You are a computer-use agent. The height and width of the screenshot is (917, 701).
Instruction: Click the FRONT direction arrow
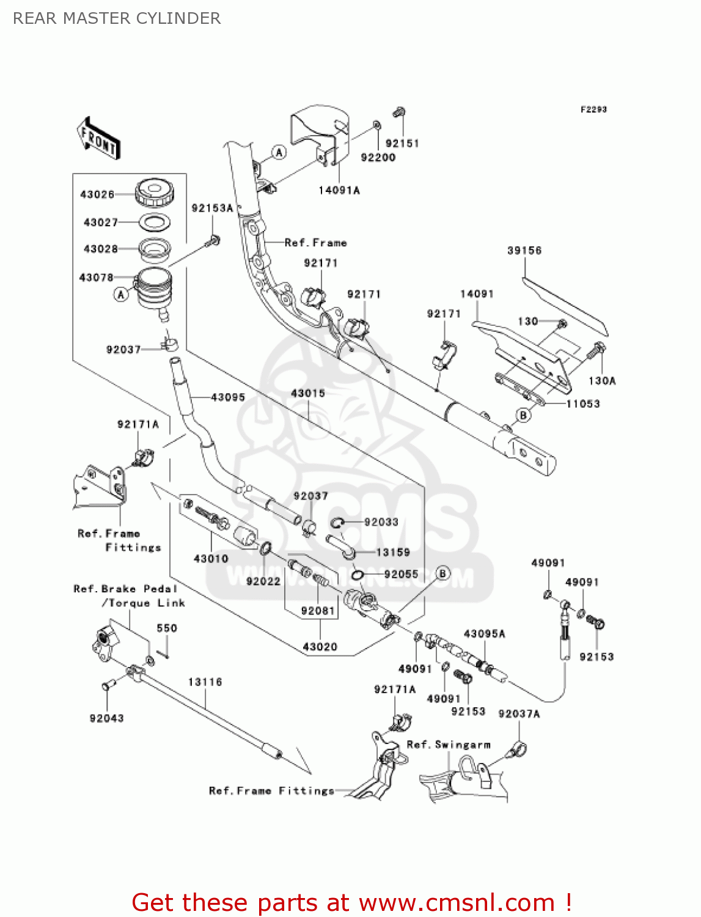(98, 139)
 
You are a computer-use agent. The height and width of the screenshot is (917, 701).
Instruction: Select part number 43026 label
(97, 194)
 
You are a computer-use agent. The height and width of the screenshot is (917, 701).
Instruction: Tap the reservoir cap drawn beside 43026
(154, 193)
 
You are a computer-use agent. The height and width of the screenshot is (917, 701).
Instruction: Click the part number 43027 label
(101, 223)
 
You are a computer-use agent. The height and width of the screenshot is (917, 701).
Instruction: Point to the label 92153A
(212, 208)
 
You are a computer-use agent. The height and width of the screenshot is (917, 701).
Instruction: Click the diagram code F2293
(593, 109)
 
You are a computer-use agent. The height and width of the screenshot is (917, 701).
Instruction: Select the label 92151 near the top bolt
(402, 144)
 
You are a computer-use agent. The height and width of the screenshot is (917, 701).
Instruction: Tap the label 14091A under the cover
(339, 191)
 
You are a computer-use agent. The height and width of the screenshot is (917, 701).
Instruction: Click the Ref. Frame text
(315, 243)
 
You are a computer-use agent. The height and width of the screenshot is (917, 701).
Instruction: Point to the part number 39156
(524, 251)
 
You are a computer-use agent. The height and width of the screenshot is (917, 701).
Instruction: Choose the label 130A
(602, 381)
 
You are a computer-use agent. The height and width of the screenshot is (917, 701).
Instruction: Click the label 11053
(583, 404)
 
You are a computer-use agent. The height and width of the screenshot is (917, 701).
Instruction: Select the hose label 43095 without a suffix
(228, 397)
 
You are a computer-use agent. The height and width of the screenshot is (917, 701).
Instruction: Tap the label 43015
(308, 394)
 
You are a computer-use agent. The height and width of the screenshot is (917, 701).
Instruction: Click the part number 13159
(393, 553)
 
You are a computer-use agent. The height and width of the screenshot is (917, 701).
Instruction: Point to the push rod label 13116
(205, 682)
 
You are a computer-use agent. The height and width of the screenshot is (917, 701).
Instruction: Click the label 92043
(106, 718)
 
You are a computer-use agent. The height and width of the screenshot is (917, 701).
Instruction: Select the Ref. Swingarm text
(449, 745)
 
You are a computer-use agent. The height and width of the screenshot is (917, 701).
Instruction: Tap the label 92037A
(519, 714)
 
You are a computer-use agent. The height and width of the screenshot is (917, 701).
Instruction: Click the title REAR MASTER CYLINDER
(117, 19)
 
